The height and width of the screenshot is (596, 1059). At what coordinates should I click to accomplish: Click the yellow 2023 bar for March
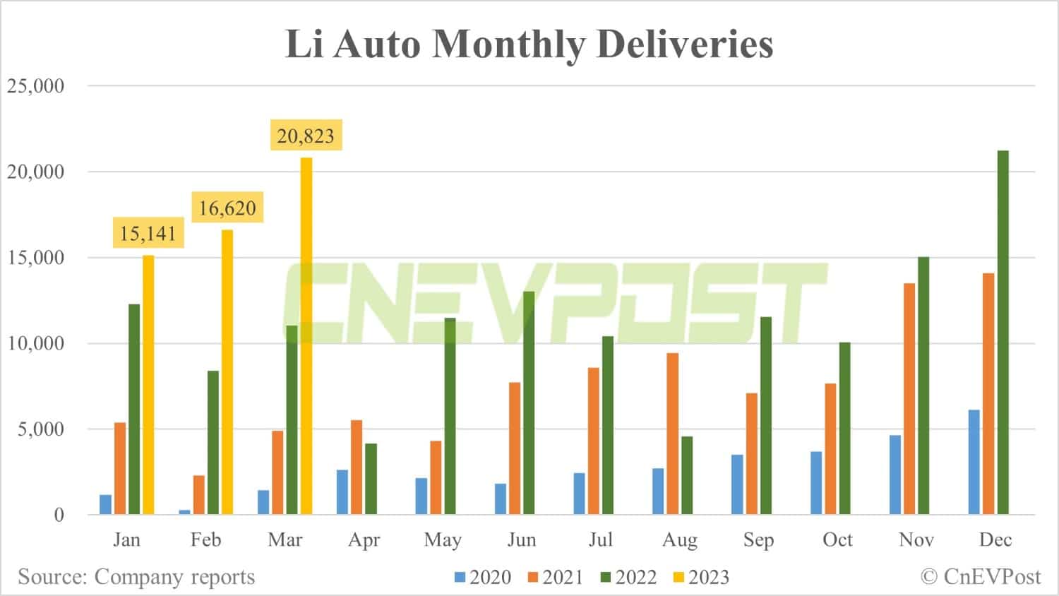tap(306, 335)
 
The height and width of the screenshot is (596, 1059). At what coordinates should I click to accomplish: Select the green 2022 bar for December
tap(1003, 332)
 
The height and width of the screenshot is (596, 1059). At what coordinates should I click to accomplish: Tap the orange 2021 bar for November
tap(909, 398)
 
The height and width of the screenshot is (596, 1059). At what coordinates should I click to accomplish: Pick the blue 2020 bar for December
tap(974, 462)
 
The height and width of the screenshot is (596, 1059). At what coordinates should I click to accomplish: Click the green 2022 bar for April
tap(371, 479)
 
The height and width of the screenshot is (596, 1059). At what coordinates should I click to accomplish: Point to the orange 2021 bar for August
tap(673, 434)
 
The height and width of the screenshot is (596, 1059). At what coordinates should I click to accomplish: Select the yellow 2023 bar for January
tap(148, 385)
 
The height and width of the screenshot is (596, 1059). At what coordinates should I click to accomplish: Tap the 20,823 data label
tap(306, 135)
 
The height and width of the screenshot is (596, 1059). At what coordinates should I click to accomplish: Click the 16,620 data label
tap(227, 208)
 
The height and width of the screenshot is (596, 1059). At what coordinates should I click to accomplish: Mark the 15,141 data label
tap(148, 233)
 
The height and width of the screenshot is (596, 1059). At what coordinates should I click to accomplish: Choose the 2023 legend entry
tap(701, 577)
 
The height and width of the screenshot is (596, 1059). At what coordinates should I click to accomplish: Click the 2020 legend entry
tap(483, 577)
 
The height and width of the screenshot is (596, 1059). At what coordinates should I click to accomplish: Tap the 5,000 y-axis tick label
tap(41, 429)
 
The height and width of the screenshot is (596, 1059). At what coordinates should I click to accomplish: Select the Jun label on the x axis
tap(522, 540)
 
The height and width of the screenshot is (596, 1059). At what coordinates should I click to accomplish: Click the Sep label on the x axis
tap(758, 540)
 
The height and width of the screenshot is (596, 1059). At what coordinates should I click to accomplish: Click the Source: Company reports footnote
tap(136, 577)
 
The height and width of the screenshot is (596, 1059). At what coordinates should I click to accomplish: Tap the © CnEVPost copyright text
tap(981, 577)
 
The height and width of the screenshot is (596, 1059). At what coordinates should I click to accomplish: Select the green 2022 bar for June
tap(529, 403)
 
